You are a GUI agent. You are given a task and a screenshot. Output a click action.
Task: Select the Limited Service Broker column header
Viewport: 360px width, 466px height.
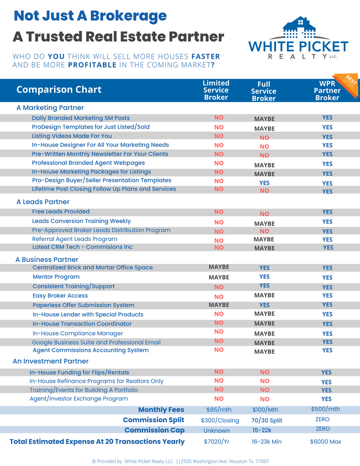(216, 90)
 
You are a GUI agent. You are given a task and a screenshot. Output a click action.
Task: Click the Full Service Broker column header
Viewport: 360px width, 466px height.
(264, 91)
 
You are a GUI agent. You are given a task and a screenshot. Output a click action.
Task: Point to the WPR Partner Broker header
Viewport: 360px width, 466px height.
(327, 91)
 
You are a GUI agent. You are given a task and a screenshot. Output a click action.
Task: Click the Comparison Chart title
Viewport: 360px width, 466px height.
(59, 89)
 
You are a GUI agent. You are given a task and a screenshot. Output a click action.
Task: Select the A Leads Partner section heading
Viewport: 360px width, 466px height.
(43, 202)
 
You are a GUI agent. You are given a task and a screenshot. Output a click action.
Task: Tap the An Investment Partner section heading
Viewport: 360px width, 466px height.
(50, 361)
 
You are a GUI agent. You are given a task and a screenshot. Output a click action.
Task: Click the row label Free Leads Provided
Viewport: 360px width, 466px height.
(61, 212)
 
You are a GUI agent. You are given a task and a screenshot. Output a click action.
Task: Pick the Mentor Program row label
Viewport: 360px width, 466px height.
(56, 277)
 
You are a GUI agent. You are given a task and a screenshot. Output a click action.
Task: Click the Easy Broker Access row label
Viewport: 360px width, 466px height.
(60, 296)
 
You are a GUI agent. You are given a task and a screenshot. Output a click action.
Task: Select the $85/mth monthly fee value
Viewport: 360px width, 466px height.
(219, 410)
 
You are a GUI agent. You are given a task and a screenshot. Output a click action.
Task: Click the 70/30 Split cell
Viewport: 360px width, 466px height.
(267, 420)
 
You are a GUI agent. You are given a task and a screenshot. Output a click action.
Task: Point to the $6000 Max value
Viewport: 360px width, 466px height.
(326, 442)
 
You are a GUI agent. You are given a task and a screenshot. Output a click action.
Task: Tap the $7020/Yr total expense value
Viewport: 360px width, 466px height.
(217, 442)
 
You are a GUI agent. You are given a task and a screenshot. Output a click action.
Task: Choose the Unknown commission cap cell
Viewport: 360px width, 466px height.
(217, 431)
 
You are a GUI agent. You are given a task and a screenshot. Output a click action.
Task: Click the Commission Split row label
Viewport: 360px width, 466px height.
(154, 420)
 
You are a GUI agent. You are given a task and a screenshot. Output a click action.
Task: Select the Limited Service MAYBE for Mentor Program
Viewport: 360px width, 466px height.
(219, 277)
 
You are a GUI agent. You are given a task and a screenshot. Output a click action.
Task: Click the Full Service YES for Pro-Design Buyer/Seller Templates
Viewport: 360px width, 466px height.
(265, 183)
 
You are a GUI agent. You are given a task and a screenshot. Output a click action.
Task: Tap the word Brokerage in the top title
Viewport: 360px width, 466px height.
(129, 16)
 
